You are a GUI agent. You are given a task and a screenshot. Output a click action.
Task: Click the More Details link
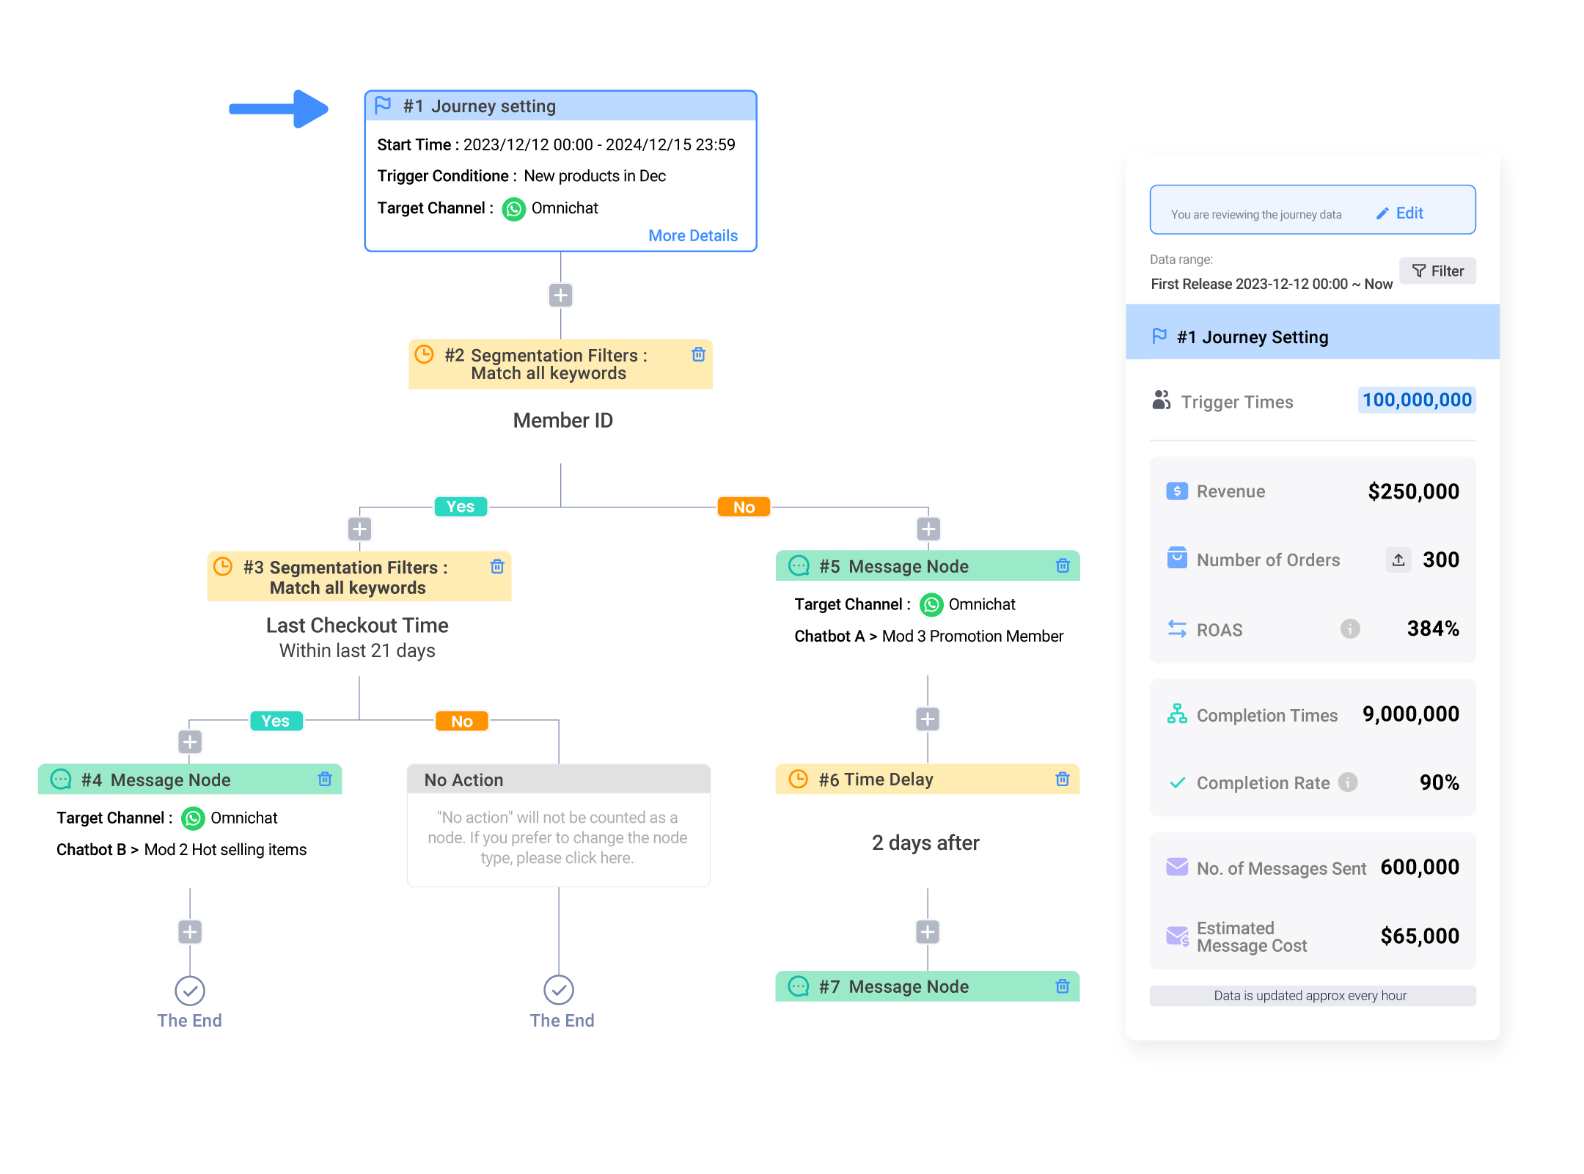[x=693, y=235]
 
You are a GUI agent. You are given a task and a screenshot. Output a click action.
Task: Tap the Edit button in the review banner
[x=1400, y=213]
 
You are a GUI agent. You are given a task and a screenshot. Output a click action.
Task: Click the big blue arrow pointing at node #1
[x=279, y=109]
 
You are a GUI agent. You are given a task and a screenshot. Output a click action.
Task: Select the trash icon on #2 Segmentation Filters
[x=698, y=355]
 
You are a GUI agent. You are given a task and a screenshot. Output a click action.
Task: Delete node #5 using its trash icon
[x=1063, y=565]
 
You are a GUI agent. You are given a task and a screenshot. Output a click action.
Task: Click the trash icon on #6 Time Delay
[x=1063, y=779]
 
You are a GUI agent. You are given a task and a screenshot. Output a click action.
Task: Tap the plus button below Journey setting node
[x=561, y=296]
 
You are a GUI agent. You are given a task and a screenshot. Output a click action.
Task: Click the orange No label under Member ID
[x=744, y=507]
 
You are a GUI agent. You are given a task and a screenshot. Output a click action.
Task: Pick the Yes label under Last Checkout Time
[x=276, y=721]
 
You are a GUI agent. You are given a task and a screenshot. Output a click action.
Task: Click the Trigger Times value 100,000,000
[x=1417, y=400]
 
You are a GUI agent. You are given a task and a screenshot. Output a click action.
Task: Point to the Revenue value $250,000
[x=1413, y=491]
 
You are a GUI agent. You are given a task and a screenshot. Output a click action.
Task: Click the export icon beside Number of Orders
[x=1398, y=560]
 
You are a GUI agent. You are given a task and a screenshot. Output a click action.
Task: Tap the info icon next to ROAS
[x=1350, y=628]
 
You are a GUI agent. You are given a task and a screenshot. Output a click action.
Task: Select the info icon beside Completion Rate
[x=1348, y=782]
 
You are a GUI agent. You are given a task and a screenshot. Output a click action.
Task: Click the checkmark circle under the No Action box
[x=559, y=990]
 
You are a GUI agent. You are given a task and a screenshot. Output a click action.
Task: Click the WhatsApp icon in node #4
[x=193, y=818]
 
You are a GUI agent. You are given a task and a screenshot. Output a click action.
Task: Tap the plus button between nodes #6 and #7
[x=928, y=932]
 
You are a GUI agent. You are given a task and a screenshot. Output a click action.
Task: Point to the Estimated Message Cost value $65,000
[x=1420, y=936]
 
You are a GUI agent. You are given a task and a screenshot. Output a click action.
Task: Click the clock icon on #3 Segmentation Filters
[x=223, y=567]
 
